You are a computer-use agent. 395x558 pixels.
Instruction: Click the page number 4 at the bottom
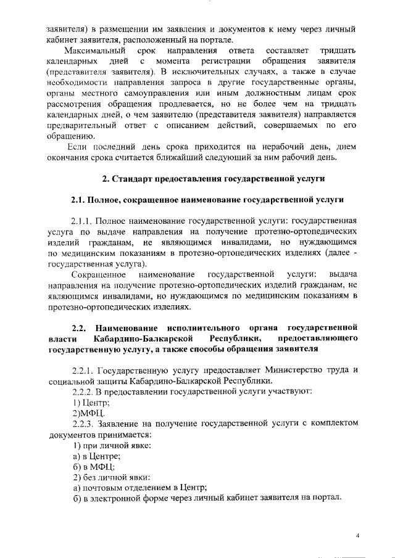[x=357, y=535]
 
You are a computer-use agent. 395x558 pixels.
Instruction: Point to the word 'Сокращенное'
[x=99, y=274]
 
